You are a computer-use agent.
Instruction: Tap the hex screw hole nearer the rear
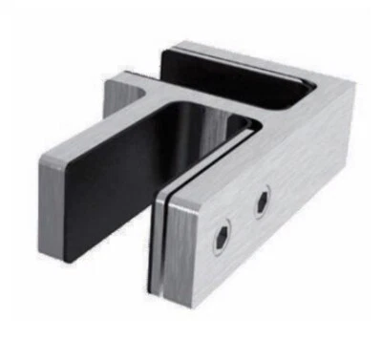(262, 201)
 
